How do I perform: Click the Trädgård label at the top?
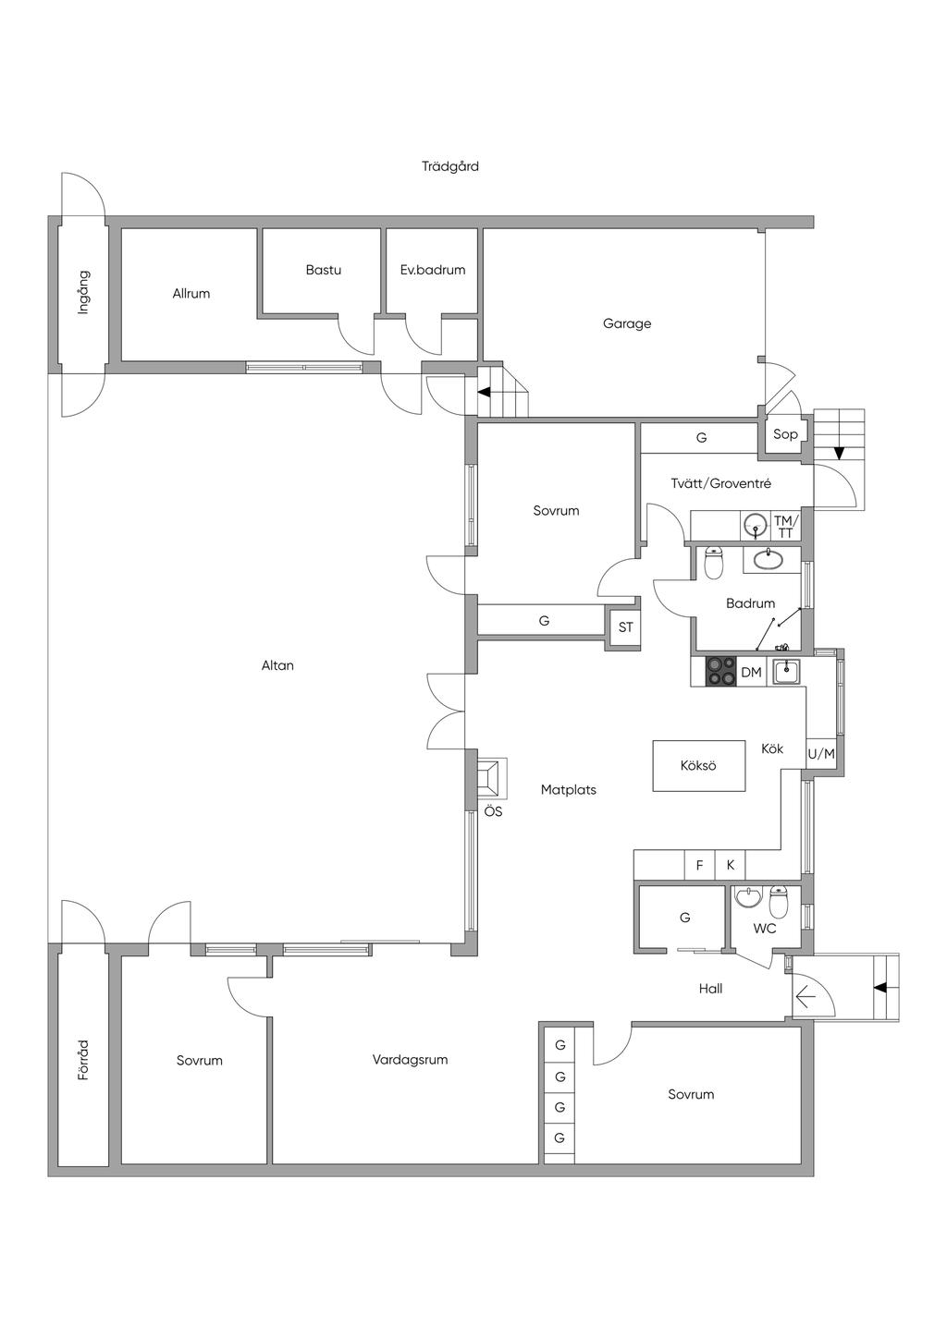tap(450, 166)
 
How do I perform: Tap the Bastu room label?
tap(324, 270)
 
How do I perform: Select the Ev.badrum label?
tap(433, 270)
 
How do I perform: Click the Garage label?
tap(626, 323)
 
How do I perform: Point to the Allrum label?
tap(191, 294)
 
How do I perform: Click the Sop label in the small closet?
tap(785, 434)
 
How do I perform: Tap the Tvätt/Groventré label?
tap(721, 484)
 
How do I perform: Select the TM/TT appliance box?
tap(785, 527)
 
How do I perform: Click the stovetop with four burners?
tap(721, 672)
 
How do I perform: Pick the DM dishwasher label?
tap(752, 673)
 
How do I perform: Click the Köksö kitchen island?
tap(699, 766)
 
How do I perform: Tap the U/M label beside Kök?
tap(821, 754)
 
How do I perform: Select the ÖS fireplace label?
tap(493, 811)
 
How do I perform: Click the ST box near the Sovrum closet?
tap(625, 627)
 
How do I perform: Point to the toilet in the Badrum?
tap(714, 563)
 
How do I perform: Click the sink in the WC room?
tap(748, 896)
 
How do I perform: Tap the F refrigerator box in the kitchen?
tap(699, 865)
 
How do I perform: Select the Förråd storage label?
tap(84, 1060)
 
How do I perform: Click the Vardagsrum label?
tap(410, 1060)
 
